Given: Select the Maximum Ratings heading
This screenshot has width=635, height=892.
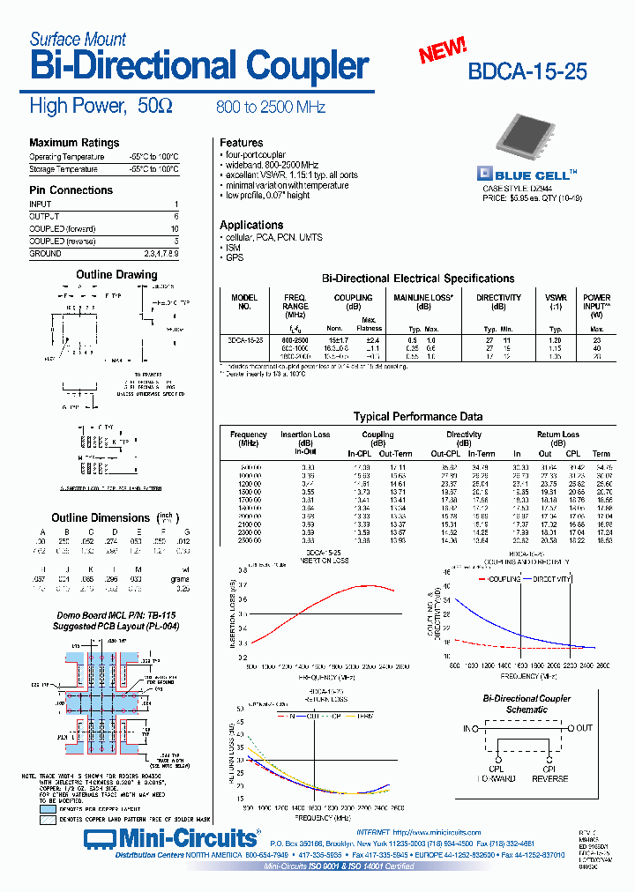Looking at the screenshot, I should [x=74, y=143].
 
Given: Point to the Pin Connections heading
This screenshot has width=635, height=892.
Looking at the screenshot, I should [x=71, y=190].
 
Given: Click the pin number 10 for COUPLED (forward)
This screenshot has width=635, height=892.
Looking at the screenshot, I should [x=175, y=228].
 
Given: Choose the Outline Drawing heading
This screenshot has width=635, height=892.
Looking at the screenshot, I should [x=116, y=275].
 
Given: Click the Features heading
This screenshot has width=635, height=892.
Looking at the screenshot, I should [x=241, y=143].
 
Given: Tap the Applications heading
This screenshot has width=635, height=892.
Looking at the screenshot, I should [x=251, y=225].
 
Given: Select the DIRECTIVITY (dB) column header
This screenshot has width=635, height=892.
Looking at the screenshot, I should [x=498, y=302].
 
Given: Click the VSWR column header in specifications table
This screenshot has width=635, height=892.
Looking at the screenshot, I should [x=556, y=302].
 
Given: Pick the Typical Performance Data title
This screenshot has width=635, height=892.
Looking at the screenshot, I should [x=417, y=416].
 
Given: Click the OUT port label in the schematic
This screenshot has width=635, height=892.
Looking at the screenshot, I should [x=585, y=728].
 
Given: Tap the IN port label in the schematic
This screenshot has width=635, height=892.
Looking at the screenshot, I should [x=467, y=728].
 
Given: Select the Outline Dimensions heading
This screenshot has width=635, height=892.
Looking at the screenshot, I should [x=101, y=518].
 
